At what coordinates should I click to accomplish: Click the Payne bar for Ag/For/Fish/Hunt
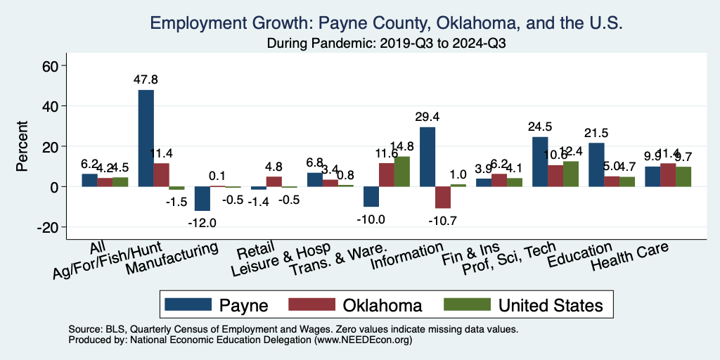pyautogui.click(x=146, y=138)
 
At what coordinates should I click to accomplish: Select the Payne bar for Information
pyautogui.click(x=427, y=157)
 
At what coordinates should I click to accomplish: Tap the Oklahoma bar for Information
pyautogui.click(x=443, y=198)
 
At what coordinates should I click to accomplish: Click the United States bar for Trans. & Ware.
pyautogui.click(x=401, y=172)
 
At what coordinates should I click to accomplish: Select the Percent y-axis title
pyautogui.click(x=22, y=146)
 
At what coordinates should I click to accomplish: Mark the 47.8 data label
pyautogui.click(x=146, y=79)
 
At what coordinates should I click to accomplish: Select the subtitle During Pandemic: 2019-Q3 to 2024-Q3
pyautogui.click(x=387, y=43)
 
